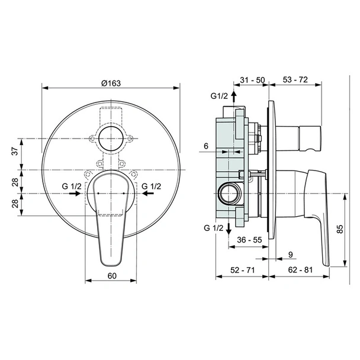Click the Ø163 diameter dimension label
click(x=111, y=83)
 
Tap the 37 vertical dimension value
click(x=15, y=152)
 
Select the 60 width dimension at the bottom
click(x=112, y=276)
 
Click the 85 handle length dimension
click(x=340, y=229)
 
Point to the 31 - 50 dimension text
click(x=252, y=80)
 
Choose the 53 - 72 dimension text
click(x=295, y=79)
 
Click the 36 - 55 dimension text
click(x=249, y=240)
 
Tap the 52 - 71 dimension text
click(x=243, y=270)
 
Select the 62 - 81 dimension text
click(x=300, y=270)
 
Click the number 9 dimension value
click(x=291, y=255)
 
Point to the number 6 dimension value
click(x=206, y=146)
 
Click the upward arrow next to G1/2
click(x=234, y=97)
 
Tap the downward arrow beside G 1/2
click(x=229, y=229)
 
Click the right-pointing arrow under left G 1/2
click(x=75, y=194)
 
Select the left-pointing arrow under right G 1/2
click(x=148, y=194)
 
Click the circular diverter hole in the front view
click(x=111, y=139)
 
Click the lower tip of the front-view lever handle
click(x=111, y=266)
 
